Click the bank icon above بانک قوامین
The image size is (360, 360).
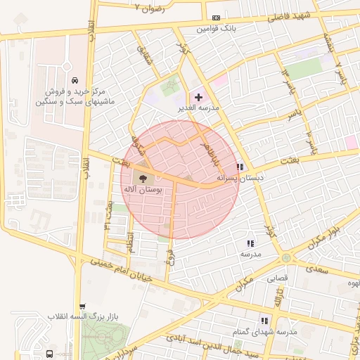pos(215,18)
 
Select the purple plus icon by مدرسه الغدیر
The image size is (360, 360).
pos(198,96)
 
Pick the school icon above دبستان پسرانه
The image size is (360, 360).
pos(240,167)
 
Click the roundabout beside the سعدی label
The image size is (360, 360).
pos(286,258)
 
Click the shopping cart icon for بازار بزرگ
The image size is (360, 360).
pos(83,306)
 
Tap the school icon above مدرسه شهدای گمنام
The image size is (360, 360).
pos(264,320)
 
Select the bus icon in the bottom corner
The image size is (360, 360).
pos(50,354)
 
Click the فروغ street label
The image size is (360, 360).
pos(169,255)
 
